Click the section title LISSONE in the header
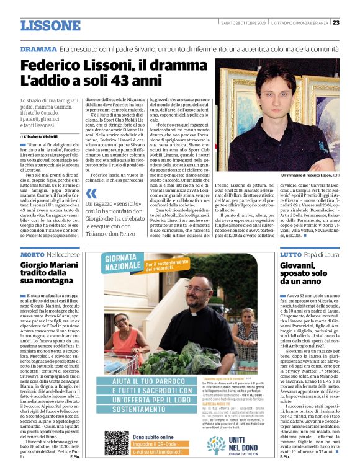50,25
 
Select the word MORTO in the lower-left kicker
32,255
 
